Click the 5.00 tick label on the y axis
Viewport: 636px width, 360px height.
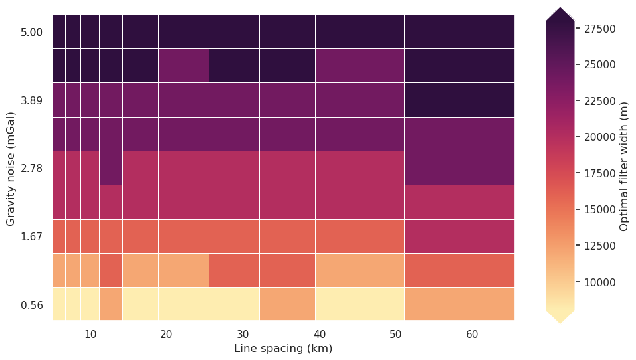pos(31,32)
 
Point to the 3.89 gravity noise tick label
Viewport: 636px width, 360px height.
pos(31,100)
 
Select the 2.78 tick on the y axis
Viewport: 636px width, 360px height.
pos(31,169)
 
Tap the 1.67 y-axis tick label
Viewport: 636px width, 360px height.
pos(31,237)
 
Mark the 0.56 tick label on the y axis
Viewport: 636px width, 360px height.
pos(31,306)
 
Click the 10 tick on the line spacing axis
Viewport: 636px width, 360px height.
pos(90,334)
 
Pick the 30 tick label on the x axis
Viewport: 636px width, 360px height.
pos(243,334)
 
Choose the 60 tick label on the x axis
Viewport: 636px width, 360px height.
pos(472,334)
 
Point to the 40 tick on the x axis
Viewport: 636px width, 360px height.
pos(319,334)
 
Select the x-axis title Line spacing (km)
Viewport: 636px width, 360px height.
pos(283,349)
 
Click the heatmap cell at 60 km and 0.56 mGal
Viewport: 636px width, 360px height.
pos(459,304)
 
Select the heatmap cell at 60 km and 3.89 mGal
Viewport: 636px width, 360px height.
pos(459,99)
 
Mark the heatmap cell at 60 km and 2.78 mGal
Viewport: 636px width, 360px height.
pos(459,167)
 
